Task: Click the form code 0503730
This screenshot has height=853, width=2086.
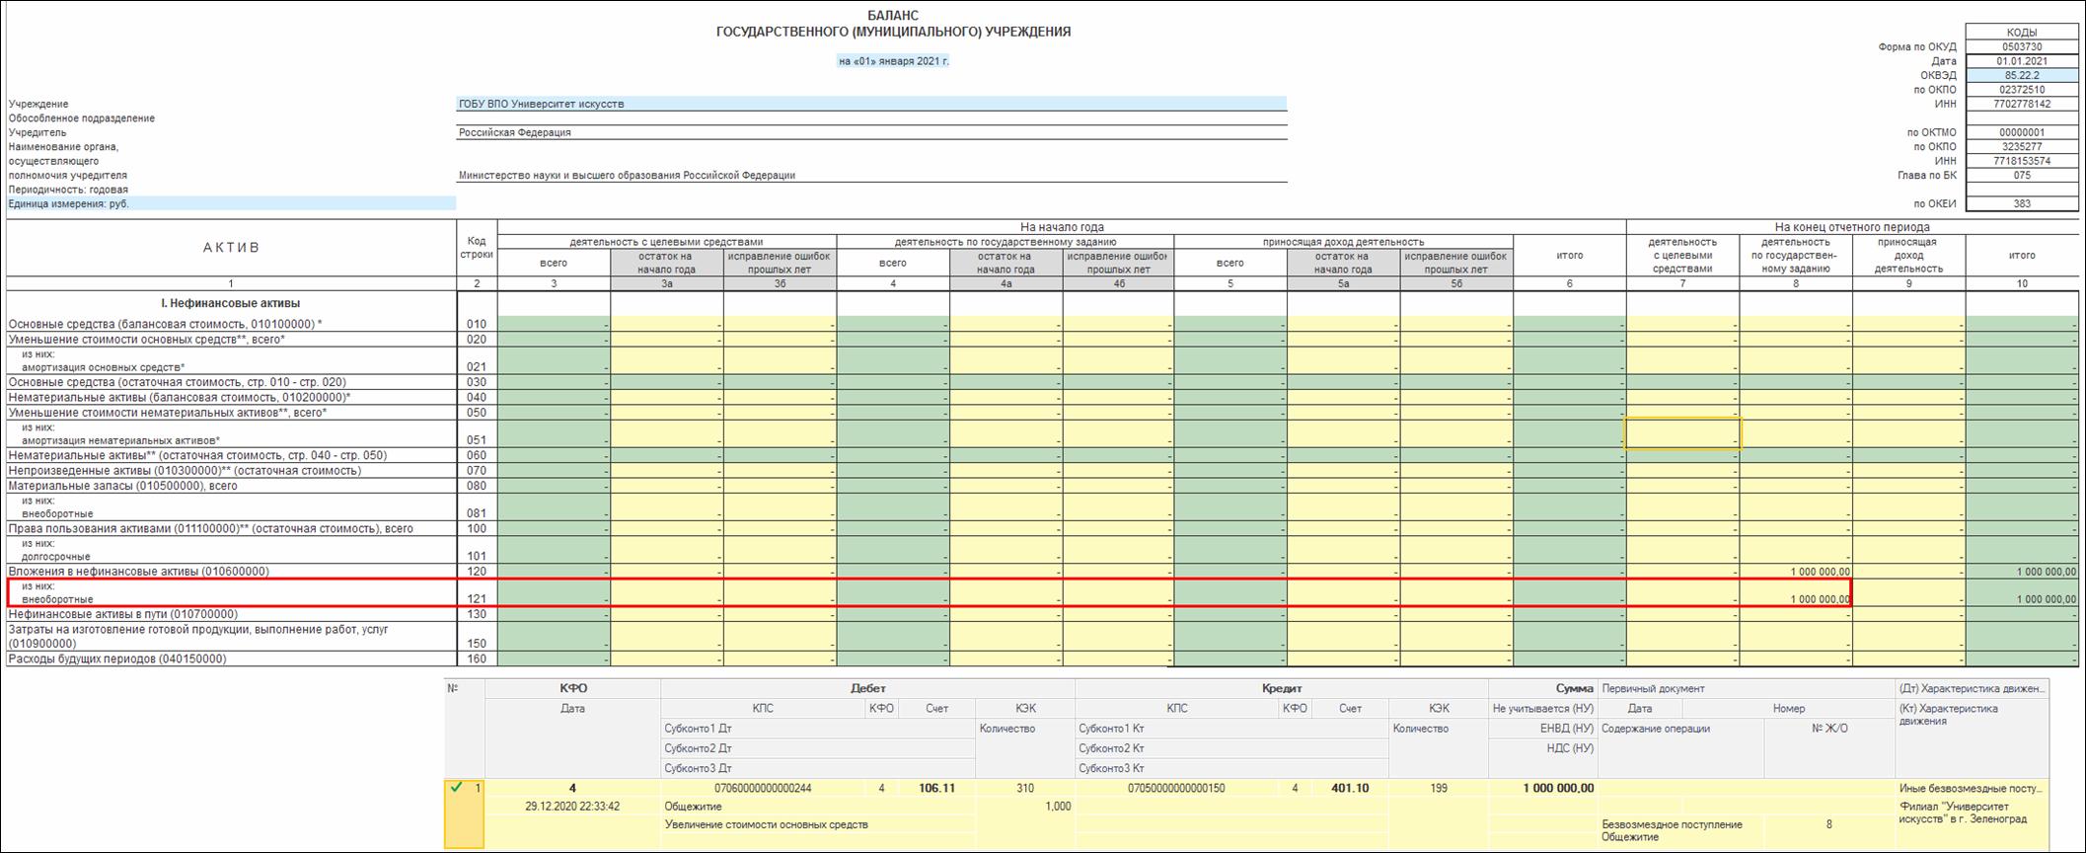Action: (x=2022, y=46)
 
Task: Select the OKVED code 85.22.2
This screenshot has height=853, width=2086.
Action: (x=2022, y=75)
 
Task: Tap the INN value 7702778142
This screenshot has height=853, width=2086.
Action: (x=2022, y=104)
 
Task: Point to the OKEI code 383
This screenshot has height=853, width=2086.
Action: (x=2022, y=203)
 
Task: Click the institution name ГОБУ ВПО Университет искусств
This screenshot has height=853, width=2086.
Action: (x=541, y=104)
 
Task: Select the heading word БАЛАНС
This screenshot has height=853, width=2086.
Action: (x=893, y=16)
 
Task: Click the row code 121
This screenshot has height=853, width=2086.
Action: (x=477, y=599)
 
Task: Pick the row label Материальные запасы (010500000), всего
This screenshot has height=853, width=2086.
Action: (x=123, y=486)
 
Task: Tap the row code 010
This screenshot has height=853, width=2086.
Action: (x=477, y=324)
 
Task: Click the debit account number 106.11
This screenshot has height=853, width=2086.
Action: (x=936, y=788)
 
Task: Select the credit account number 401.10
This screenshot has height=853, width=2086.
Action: (x=1350, y=788)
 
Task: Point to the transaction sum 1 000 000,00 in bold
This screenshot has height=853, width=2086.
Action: (x=1558, y=788)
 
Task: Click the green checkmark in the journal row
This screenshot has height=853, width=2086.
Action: (x=456, y=788)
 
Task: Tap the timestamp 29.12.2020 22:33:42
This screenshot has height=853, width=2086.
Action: (x=572, y=807)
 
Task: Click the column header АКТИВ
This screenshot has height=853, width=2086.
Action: (x=231, y=248)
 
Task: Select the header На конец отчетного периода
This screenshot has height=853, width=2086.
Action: (x=1851, y=227)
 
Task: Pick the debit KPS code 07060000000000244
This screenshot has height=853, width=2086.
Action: (x=762, y=788)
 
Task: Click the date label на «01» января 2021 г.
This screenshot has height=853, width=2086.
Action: (x=893, y=61)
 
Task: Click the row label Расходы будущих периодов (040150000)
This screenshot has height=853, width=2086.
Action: (x=117, y=659)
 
